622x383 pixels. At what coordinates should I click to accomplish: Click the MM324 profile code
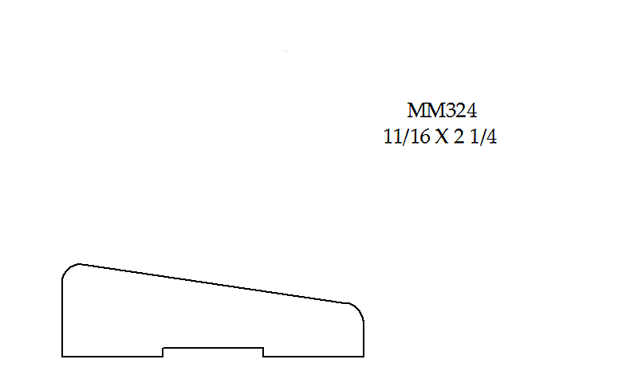pyautogui.click(x=442, y=110)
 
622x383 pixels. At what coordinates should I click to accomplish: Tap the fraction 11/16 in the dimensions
pyautogui.click(x=407, y=136)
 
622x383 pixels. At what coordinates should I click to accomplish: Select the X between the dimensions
pyautogui.click(x=442, y=137)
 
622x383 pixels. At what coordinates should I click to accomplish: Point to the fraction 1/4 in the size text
pyautogui.click(x=483, y=136)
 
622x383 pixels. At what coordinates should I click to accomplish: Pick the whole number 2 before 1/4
pyautogui.click(x=459, y=137)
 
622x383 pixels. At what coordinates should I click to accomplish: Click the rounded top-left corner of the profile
pyautogui.click(x=68, y=268)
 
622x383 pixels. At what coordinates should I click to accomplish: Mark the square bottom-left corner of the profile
pyautogui.click(x=62, y=357)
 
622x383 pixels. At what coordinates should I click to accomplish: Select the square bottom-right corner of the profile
pyautogui.click(x=364, y=357)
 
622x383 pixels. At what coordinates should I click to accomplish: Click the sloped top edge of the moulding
pyautogui.click(x=215, y=284)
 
